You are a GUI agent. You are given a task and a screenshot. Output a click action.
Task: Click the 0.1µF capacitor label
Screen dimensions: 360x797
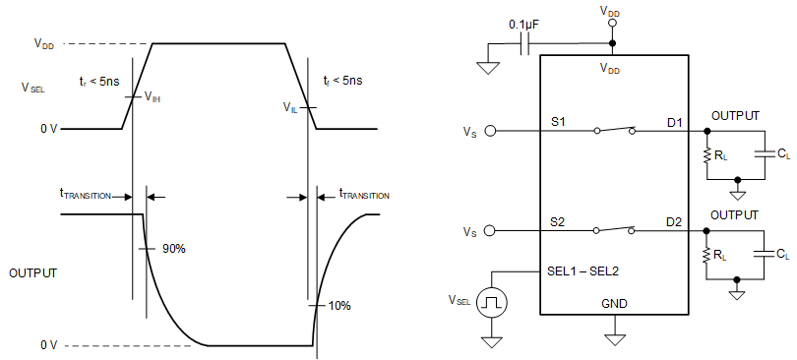point(522,22)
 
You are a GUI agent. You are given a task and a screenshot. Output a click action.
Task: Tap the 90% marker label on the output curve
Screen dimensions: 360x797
point(174,249)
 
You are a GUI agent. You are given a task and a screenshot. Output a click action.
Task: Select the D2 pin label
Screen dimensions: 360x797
point(674,221)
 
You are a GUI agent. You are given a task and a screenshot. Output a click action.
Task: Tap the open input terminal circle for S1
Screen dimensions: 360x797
point(491,130)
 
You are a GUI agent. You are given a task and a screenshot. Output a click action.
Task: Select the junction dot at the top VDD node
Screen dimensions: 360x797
point(612,43)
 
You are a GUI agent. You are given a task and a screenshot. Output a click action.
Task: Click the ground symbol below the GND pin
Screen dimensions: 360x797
point(615,339)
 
